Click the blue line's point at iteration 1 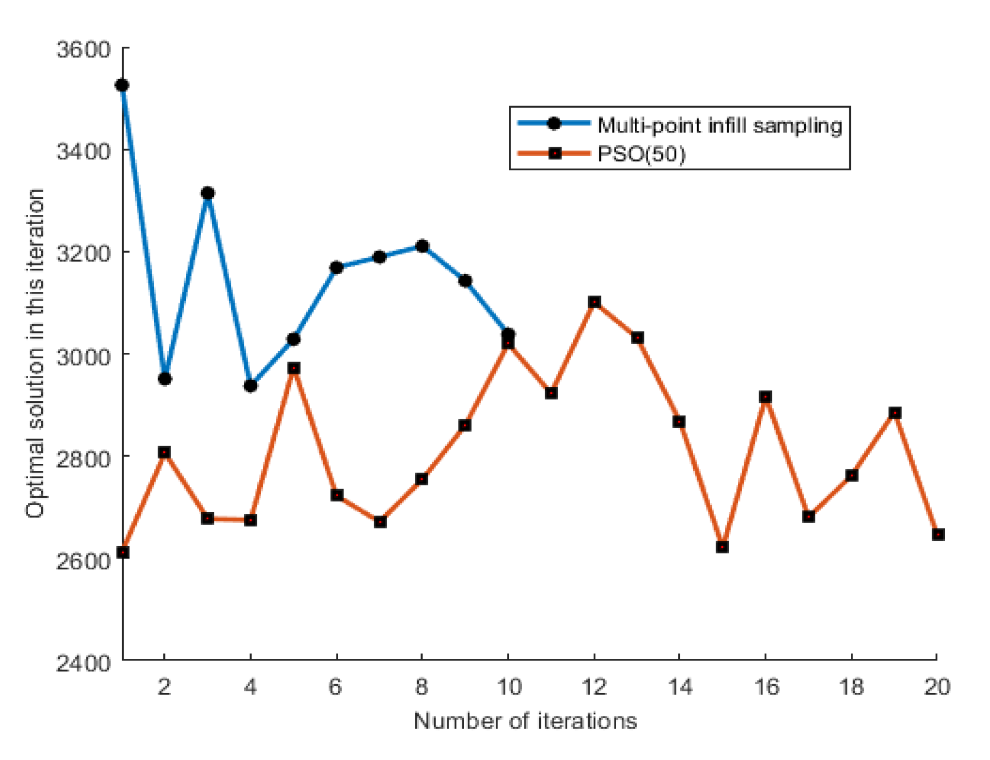[122, 85]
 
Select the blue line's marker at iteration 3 [208, 193]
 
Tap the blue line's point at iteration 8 [422, 246]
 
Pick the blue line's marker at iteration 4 [251, 386]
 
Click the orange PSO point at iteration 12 [594, 302]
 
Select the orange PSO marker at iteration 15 [722, 547]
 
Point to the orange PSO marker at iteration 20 [938, 534]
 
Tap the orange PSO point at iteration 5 [294, 368]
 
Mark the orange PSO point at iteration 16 [765, 397]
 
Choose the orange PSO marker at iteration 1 [123, 552]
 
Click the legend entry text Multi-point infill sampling [720, 126]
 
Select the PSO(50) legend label [641, 154]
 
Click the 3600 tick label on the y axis [84, 49]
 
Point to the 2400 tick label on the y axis [84, 663]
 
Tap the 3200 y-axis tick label [84, 253]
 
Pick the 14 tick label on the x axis [680, 687]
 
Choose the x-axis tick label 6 [336, 687]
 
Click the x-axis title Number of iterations [525, 720]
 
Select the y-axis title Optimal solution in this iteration [35, 353]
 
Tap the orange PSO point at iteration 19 [895, 413]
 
